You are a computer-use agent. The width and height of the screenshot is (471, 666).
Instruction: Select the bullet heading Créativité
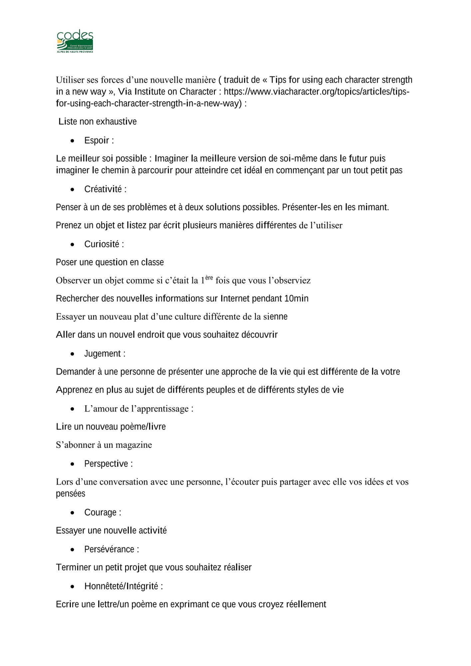103,189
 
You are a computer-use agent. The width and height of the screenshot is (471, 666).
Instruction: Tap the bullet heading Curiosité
102,244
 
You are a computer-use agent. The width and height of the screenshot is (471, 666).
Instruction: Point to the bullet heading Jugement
103,353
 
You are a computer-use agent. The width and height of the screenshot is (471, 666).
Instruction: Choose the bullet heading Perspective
106,464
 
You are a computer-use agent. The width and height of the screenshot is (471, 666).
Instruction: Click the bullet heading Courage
101,512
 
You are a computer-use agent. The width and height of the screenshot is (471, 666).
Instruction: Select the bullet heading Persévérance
110,549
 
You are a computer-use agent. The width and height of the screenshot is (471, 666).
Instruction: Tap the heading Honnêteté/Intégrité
121,586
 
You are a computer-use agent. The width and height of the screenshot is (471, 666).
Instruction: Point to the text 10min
296,298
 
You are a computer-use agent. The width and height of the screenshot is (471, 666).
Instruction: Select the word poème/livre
148,427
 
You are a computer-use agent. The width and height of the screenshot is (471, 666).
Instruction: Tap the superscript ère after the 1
209,278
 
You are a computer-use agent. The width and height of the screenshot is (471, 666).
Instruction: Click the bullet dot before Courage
73,513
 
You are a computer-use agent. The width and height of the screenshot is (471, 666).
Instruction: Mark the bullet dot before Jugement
73,354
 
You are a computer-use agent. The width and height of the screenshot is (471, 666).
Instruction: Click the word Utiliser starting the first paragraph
70,80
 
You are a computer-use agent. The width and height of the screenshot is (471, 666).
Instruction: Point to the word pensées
71,494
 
